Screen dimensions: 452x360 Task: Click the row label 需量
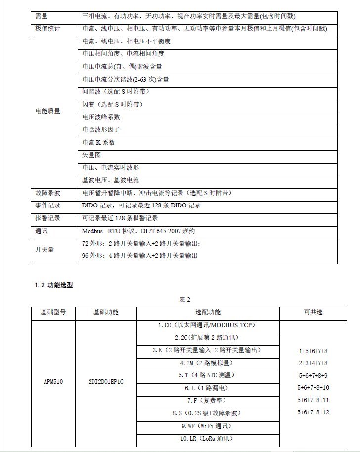[x=42, y=16]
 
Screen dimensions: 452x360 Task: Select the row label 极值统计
[x=48, y=29]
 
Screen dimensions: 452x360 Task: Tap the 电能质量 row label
[x=48, y=111]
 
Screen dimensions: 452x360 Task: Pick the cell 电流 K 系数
[x=98, y=142]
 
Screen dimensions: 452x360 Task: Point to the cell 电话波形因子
[x=101, y=130]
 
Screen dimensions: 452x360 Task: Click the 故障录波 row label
[x=48, y=193]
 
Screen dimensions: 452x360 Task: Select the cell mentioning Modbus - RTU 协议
[x=138, y=231]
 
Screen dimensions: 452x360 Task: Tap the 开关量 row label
[x=45, y=249]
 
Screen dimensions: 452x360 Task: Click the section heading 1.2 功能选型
[x=54, y=285]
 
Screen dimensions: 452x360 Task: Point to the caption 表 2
[x=184, y=300]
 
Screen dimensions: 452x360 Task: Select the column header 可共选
[x=313, y=312]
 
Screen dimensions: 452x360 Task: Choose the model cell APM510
[x=53, y=382]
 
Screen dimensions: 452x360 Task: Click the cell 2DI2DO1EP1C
[x=106, y=382]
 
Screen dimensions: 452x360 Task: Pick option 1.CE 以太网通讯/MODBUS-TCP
[x=207, y=325]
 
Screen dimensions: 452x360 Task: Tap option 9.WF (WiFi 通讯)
[x=207, y=425]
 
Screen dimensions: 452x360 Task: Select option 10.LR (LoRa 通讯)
[x=207, y=438]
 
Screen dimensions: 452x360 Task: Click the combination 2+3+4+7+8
[x=313, y=363]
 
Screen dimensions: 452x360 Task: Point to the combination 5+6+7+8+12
[x=313, y=412]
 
